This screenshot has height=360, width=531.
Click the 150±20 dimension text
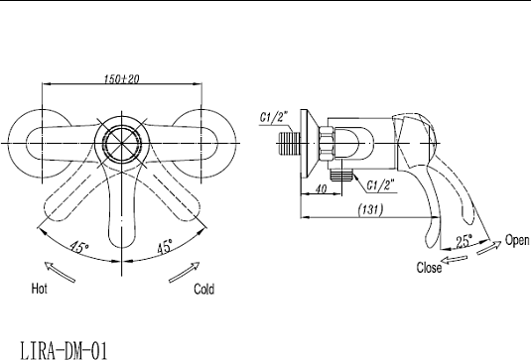(x=121, y=78)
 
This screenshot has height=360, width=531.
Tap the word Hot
(x=40, y=289)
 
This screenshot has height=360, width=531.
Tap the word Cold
(x=203, y=290)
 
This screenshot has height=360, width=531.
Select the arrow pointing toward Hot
(x=60, y=272)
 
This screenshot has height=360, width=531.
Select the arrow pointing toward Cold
(x=185, y=272)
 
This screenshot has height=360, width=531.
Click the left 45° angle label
(x=79, y=247)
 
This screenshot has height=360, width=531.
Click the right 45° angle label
(x=165, y=246)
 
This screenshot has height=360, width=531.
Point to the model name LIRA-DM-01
(x=64, y=350)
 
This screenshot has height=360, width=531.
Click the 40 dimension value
(x=321, y=188)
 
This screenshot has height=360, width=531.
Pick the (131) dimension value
(x=371, y=210)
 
